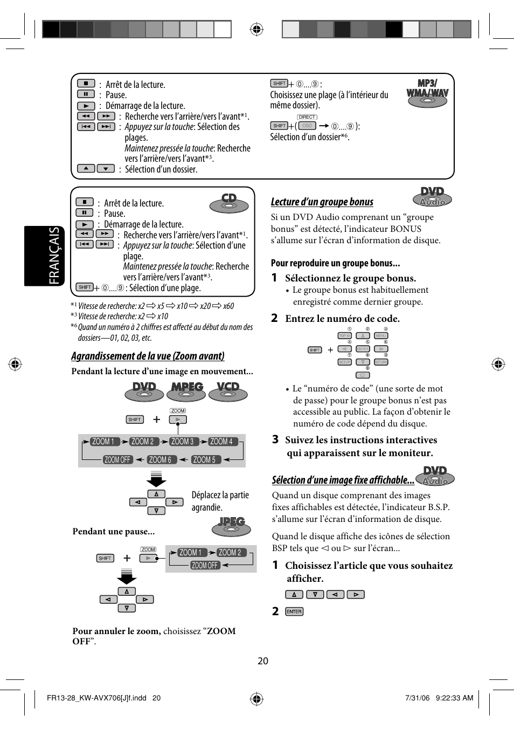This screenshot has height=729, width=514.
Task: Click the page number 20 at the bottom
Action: point(262,661)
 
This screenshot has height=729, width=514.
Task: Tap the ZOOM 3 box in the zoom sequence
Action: point(182,441)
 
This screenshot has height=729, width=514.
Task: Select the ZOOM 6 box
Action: point(159,459)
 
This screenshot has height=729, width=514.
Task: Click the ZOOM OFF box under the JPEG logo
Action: point(205,565)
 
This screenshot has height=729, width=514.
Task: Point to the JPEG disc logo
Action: point(232,526)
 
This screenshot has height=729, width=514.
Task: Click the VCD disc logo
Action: point(228,391)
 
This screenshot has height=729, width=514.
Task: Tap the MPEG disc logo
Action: point(186,391)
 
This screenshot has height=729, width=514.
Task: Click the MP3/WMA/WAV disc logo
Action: point(427,93)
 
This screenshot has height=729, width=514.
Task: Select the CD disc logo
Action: point(229,203)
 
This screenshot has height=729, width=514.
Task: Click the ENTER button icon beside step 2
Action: point(294,611)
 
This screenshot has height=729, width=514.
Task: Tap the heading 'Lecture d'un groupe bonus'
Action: point(322,202)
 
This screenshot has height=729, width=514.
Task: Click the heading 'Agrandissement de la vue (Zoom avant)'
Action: point(148,356)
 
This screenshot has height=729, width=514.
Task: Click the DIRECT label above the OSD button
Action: point(307,117)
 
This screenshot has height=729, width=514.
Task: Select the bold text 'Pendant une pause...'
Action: point(113,531)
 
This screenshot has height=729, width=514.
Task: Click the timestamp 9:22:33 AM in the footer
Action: point(454,698)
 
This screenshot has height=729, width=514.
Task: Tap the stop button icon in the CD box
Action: point(85,202)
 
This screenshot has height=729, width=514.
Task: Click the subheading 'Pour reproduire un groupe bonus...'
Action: point(335,263)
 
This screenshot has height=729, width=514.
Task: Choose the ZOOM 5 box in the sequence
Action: point(204,459)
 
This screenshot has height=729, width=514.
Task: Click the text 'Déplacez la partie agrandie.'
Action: point(220,501)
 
